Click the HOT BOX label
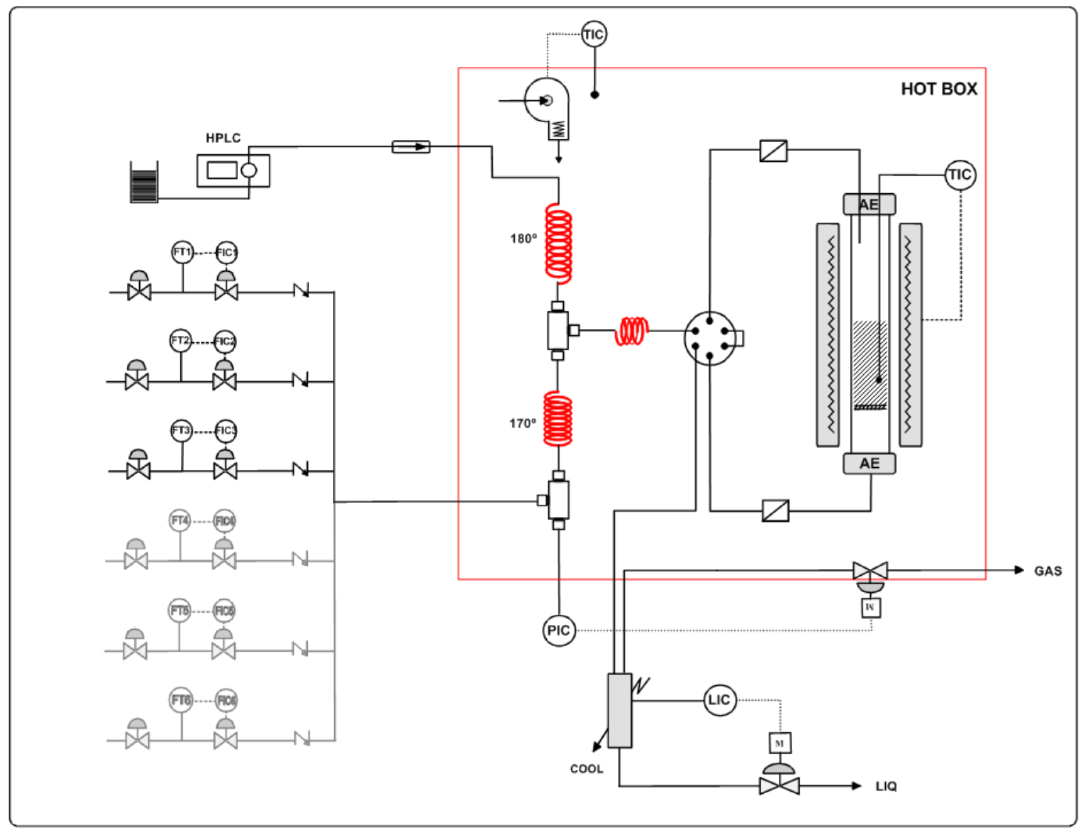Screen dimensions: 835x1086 [939, 89]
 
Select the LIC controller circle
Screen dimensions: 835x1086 [719, 700]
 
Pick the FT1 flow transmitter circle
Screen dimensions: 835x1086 [182, 252]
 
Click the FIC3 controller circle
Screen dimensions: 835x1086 [225, 431]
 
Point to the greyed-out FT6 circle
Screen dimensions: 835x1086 [180, 700]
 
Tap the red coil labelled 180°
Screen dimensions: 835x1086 [558, 244]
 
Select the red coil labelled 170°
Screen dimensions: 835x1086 [557, 418]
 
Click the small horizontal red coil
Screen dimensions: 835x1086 [631, 331]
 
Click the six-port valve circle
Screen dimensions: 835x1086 [710, 338]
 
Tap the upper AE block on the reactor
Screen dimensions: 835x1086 [869, 204]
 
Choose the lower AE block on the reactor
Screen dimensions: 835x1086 [869, 463]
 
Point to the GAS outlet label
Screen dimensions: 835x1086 [1048, 571]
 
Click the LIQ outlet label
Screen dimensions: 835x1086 [886, 786]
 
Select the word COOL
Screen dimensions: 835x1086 [586, 769]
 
